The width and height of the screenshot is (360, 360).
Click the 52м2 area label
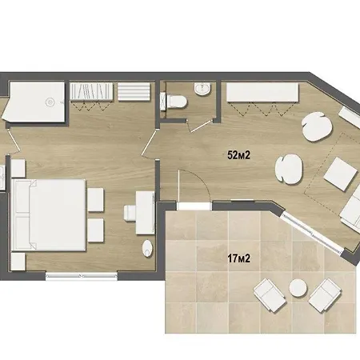click(x=238, y=155)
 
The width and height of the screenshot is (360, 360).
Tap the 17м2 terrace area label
click(x=238, y=258)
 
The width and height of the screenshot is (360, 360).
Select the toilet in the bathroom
click(x=175, y=102)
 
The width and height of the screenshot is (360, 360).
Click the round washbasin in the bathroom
click(x=202, y=89)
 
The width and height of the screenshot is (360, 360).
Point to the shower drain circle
click(x=50, y=102)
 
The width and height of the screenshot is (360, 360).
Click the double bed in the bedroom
click(x=49, y=215)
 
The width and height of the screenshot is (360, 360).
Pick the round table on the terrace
click(x=298, y=287)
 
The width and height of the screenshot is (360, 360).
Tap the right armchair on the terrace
click(x=325, y=295)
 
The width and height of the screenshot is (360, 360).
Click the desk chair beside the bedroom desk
click(x=130, y=213)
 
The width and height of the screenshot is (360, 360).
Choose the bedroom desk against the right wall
click(x=145, y=213)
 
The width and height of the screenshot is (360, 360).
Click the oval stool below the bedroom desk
click(x=147, y=249)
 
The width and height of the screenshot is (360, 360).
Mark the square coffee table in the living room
click(x=341, y=174)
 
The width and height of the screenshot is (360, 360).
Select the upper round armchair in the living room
click(x=317, y=126)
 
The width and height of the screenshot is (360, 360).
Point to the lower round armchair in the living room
click(x=289, y=170)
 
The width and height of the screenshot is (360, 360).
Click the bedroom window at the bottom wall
click(x=82, y=276)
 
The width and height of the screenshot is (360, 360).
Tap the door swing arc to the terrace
click(x=200, y=178)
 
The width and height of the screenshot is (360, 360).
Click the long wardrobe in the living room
click(x=262, y=92)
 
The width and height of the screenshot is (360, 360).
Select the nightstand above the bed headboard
click(x=18, y=168)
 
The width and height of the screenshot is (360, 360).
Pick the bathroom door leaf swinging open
click(x=200, y=126)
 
